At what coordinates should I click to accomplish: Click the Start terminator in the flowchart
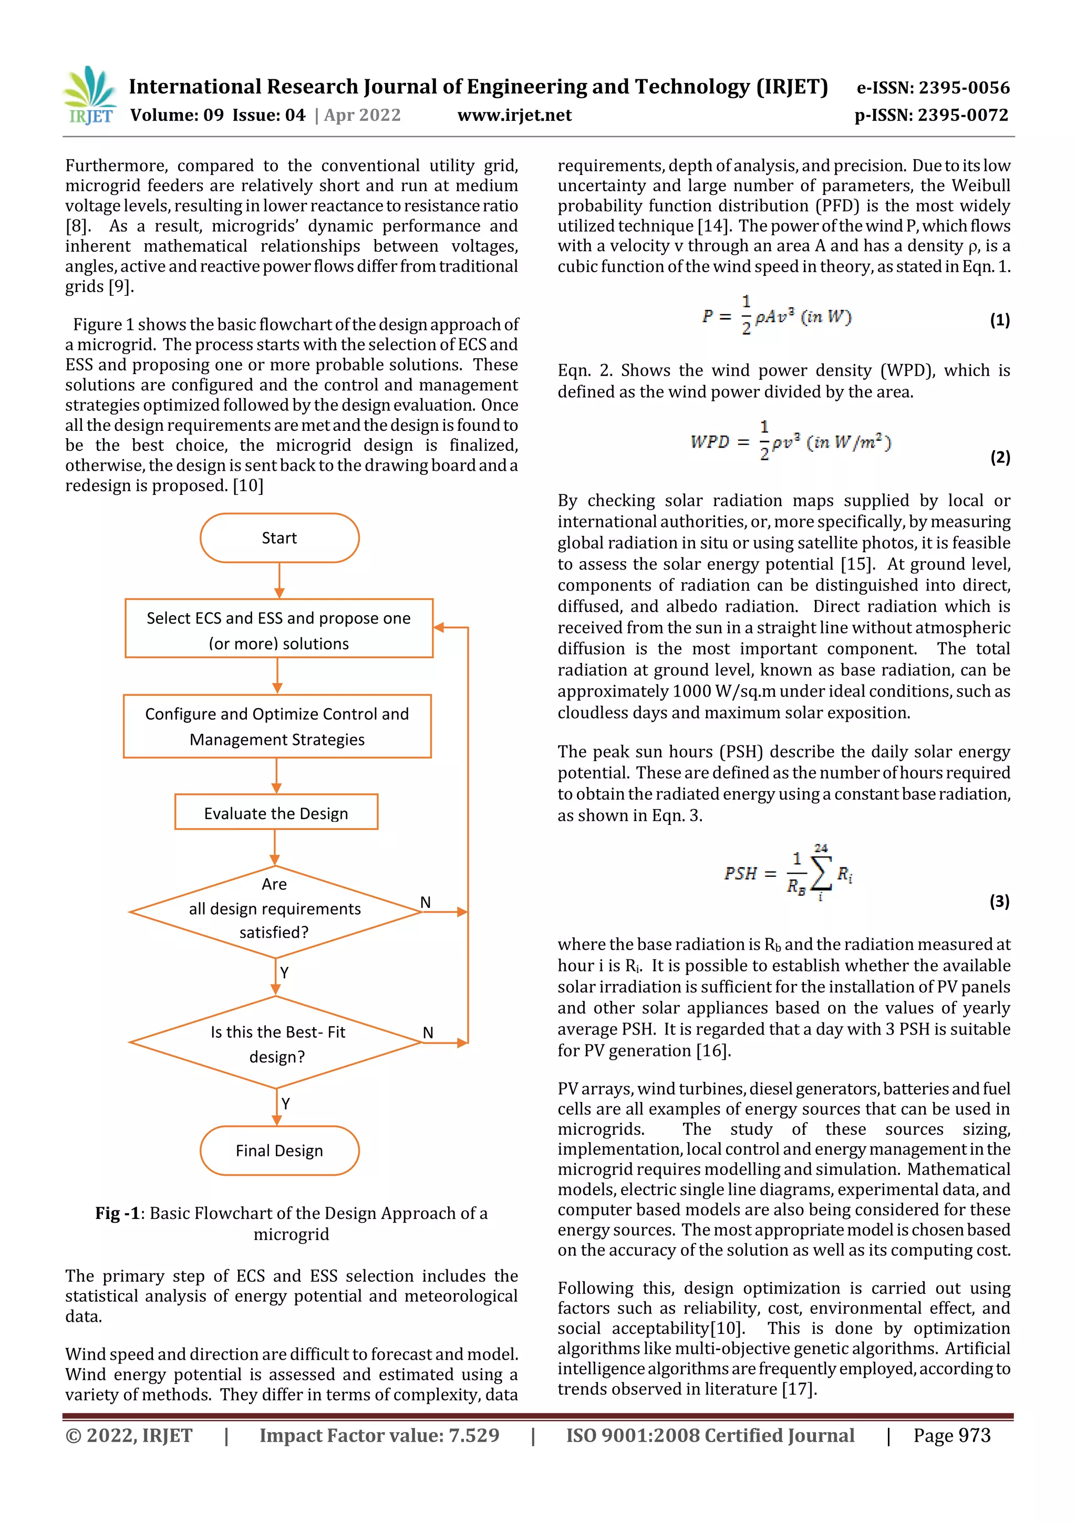[x=279, y=537]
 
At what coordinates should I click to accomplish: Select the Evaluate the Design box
[x=276, y=813]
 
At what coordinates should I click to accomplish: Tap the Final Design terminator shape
[x=279, y=1150]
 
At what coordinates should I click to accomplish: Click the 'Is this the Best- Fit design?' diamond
[x=276, y=1043]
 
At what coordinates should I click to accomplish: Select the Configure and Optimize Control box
[x=277, y=726]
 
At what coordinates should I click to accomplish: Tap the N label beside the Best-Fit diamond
[x=428, y=1032]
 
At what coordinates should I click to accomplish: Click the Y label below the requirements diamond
[x=284, y=972]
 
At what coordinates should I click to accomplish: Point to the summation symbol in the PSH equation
[x=821, y=874]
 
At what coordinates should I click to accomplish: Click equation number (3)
[x=999, y=901]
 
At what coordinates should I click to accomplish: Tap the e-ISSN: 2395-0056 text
[x=933, y=88]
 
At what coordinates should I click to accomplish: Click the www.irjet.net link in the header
[x=514, y=116]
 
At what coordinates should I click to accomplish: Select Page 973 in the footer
[x=951, y=1435]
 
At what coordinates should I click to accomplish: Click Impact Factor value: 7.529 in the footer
[x=379, y=1435]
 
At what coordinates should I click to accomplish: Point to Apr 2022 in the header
[x=362, y=116]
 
